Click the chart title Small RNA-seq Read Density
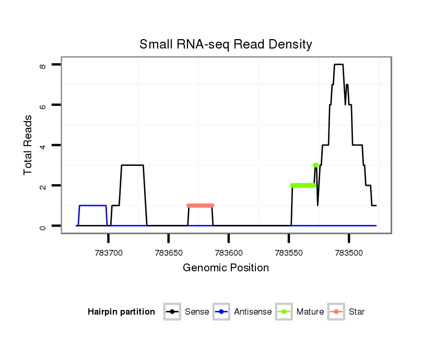pos(226,44)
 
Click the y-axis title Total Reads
pos(28,145)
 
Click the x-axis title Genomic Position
pos(226,268)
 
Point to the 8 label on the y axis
pos(43,65)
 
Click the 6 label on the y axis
pos(43,105)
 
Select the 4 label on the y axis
pos(43,145)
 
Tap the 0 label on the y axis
pos(43,226)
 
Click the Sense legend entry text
pos(197,312)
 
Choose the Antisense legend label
pos(253,312)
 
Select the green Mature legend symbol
pos(283,312)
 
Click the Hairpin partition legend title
pos(121,312)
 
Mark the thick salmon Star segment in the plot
pos(201,206)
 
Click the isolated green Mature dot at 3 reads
pos(315,165)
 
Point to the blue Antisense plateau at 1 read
pos(93,206)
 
